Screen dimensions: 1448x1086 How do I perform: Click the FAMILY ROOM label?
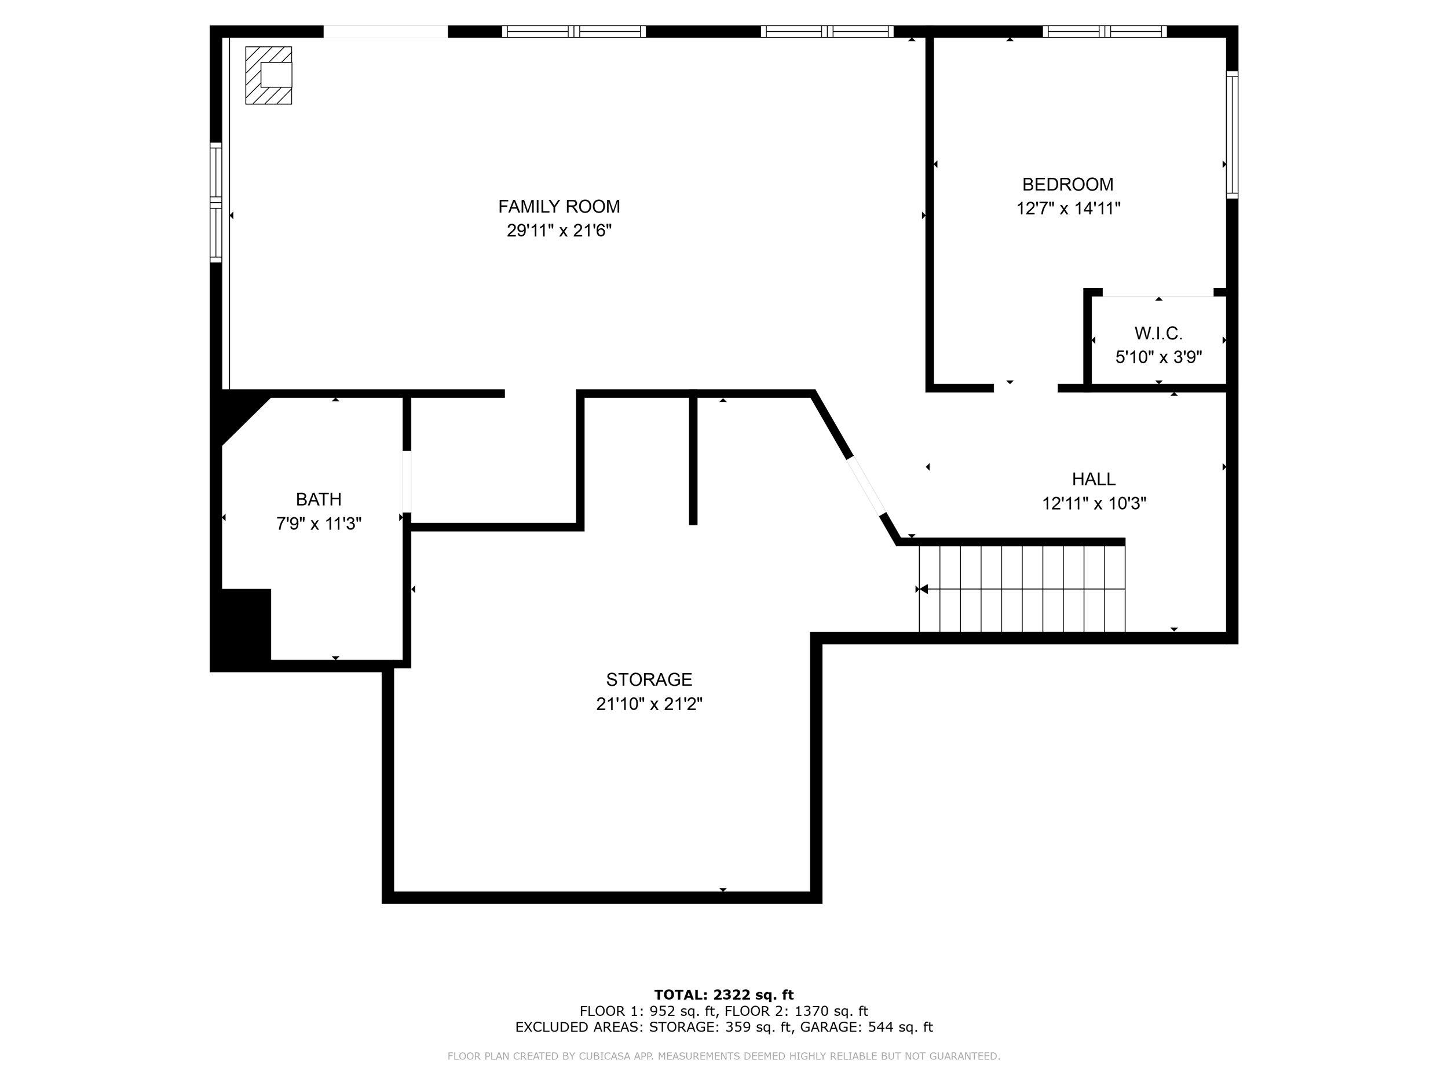559,207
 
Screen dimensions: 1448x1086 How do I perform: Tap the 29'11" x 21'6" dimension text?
559,231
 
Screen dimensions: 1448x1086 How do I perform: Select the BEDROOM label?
1067,185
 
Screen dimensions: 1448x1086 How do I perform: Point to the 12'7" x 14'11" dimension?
1068,209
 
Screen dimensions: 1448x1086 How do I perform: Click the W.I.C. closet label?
1158,334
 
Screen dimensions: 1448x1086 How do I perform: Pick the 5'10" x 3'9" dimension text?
1158,357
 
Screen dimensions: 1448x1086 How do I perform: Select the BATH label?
319,499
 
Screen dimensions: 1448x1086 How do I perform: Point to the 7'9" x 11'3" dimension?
319,524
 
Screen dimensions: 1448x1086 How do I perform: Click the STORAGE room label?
649,679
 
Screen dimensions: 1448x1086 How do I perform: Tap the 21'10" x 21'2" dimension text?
649,704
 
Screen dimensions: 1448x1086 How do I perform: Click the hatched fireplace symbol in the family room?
268,75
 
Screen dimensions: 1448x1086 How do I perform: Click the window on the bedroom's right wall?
1232,135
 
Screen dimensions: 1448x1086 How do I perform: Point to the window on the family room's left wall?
216,202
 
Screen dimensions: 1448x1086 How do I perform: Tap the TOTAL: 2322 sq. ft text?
724,996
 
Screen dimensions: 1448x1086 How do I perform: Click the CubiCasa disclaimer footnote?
724,1056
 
